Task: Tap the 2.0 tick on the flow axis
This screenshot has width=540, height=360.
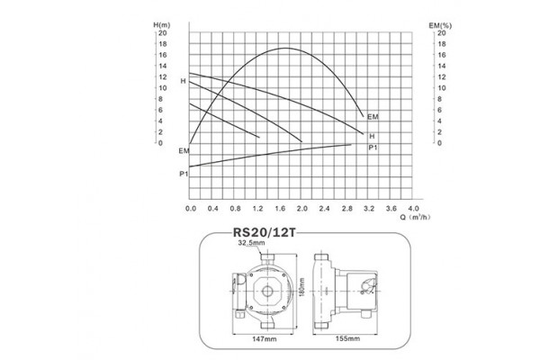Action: [x=301, y=207]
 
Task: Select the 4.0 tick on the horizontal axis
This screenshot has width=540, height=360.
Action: [x=414, y=207]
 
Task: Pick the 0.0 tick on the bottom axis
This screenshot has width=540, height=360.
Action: [x=191, y=207]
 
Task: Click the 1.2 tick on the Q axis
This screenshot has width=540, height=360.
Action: [x=257, y=207]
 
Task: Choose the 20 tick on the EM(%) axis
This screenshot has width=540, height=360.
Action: [x=441, y=33]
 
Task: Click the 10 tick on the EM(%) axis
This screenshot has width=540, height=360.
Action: [x=441, y=88]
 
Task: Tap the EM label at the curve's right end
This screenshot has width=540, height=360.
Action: [x=373, y=118]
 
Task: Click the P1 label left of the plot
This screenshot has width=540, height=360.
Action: [x=184, y=172]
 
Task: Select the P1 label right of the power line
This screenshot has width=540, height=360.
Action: [x=372, y=146]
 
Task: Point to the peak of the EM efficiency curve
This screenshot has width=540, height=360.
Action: [x=287, y=48]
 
